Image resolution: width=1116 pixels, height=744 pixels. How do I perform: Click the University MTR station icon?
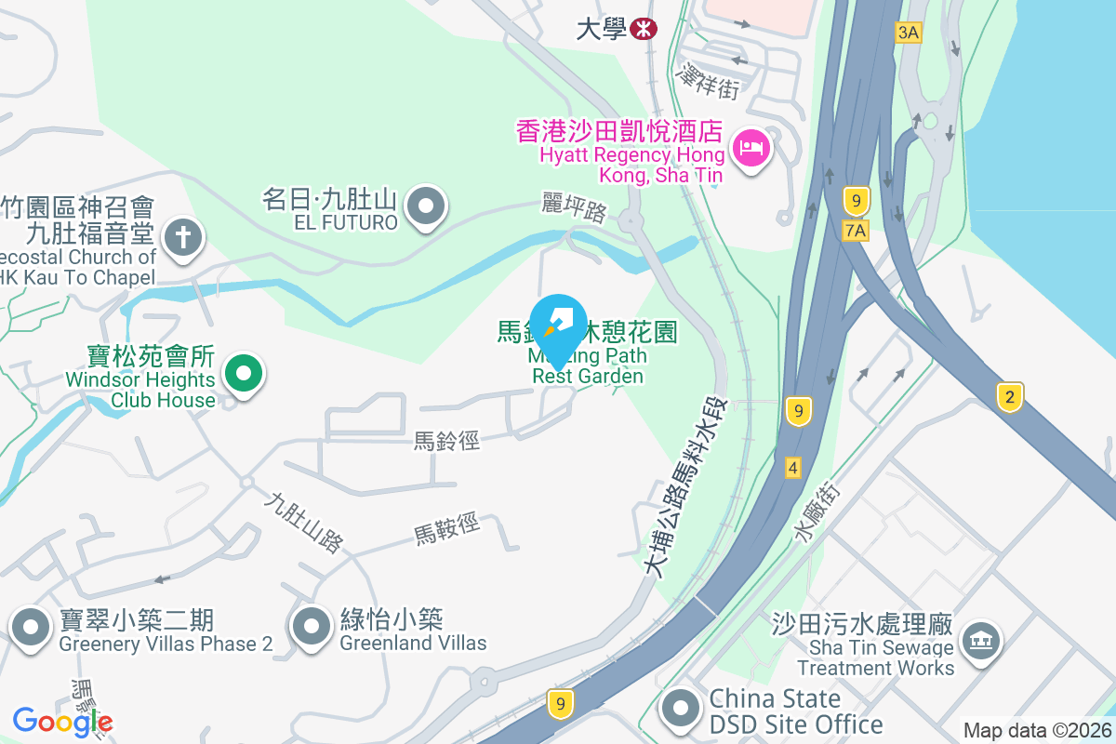[643, 29]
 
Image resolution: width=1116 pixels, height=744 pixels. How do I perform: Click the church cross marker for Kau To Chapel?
[183, 238]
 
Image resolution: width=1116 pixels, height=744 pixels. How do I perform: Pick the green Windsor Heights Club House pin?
[244, 376]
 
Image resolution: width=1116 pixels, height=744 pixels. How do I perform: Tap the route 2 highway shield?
[1009, 397]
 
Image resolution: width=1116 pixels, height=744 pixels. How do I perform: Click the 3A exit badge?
[908, 33]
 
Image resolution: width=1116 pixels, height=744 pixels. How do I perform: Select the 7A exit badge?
[857, 230]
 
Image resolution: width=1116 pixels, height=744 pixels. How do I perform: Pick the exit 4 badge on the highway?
[792, 467]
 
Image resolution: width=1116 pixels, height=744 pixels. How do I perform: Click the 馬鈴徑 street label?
[447, 441]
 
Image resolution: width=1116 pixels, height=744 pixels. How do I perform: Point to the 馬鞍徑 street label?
[447, 529]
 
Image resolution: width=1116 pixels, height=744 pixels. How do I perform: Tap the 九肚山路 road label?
[303, 523]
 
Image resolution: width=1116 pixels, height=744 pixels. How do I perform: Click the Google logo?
[62, 722]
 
